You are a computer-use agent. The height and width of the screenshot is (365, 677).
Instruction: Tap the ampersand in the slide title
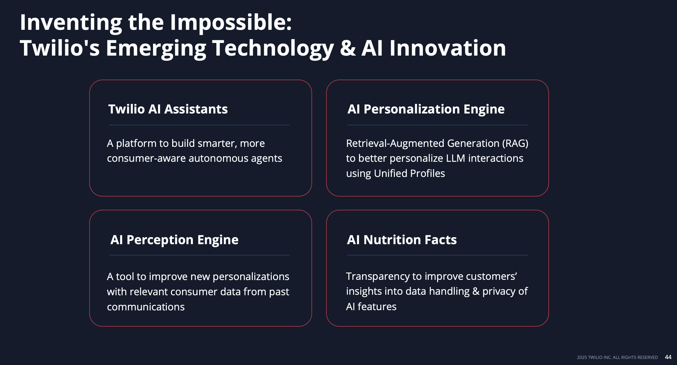tap(347, 48)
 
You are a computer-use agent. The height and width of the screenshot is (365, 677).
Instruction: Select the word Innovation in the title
tap(447, 48)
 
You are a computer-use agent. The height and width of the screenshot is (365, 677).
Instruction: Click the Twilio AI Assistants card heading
tap(168, 109)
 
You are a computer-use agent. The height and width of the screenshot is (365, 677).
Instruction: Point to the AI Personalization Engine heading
tap(426, 109)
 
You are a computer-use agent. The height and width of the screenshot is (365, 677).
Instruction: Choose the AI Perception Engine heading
tap(174, 240)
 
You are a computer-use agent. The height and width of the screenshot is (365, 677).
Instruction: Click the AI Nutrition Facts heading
tap(402, 240)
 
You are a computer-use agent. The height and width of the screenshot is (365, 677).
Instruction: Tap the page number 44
tap(668, 357)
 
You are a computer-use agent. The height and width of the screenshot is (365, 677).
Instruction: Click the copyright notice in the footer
tap(617, 357)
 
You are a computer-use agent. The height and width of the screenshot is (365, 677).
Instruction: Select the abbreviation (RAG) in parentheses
tap(515, 144)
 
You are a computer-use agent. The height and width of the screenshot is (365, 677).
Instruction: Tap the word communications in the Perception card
tap(146, 307)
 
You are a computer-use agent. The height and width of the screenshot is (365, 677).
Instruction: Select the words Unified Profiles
tap(409, 173)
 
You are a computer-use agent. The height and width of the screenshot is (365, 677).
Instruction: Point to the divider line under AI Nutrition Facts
tap(437, 255)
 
